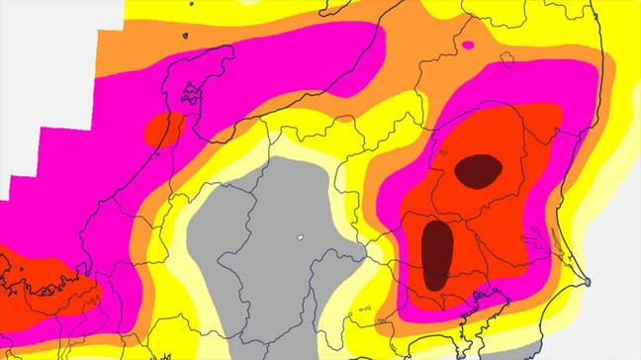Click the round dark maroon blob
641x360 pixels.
479,170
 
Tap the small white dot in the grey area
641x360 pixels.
299,237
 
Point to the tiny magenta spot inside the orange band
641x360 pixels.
468,45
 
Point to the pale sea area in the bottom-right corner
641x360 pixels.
613,326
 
